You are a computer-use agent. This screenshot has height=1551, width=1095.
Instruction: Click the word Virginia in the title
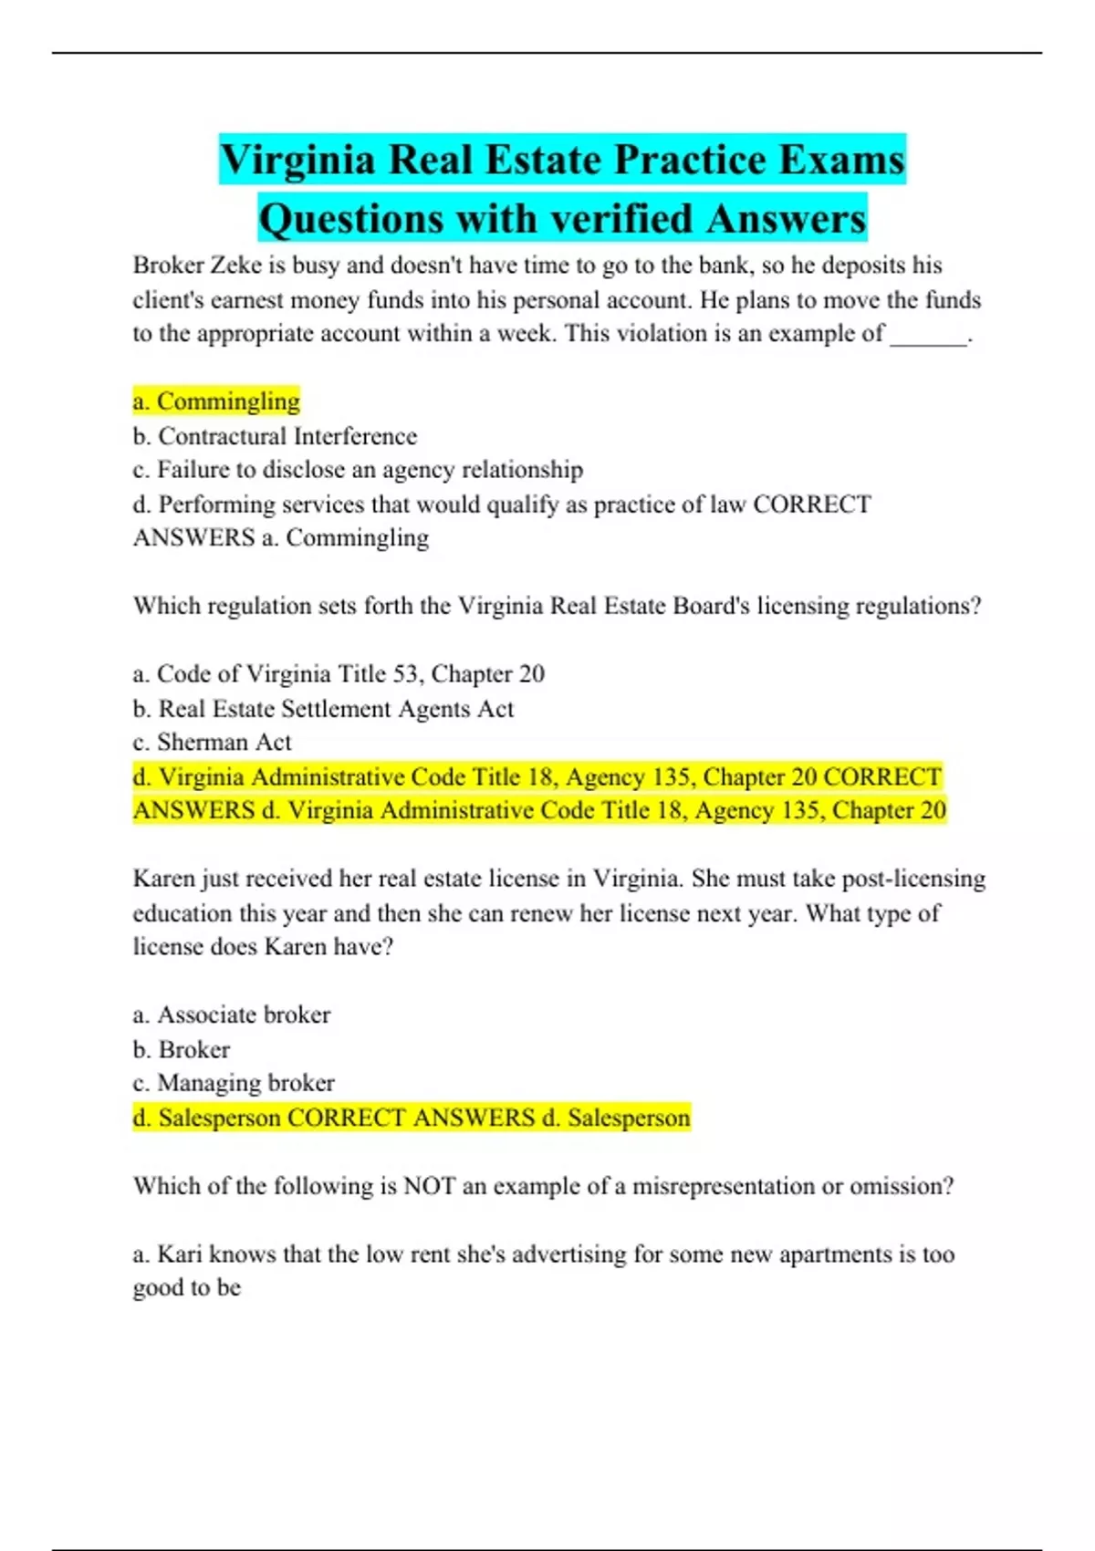297,161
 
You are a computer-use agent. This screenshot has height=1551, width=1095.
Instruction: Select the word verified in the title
621,219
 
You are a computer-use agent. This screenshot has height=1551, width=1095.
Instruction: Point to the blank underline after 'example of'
928,336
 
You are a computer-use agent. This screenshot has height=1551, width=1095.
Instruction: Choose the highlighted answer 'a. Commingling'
216,401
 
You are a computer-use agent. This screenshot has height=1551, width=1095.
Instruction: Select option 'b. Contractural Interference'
275,436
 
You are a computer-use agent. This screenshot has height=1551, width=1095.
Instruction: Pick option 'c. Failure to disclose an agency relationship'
358,470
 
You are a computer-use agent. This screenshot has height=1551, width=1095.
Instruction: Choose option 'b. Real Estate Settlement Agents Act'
323,709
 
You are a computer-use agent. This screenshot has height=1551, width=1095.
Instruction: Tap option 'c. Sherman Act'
213,743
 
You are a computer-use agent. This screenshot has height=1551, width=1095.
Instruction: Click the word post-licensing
913,879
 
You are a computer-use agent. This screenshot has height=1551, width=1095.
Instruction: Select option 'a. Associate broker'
232,1015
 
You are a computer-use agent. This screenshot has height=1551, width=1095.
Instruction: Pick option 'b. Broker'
182,1049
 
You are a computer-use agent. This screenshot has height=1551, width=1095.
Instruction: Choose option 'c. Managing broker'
234,1083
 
